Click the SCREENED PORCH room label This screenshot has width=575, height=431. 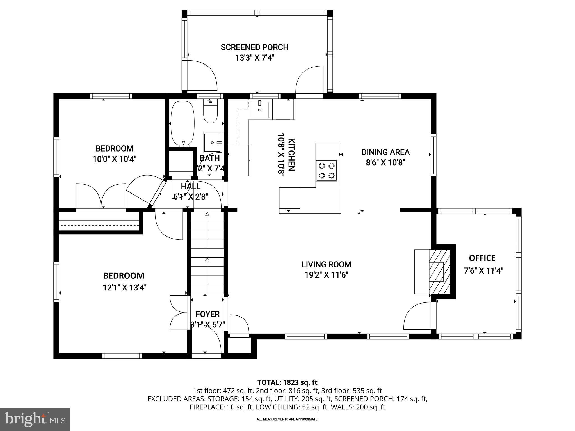(x=254, y=47)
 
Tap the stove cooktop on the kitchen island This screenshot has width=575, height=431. (x=327, y=171)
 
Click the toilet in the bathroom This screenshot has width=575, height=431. (x=211, y=112)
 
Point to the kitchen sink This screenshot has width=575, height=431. (x=259, y=110)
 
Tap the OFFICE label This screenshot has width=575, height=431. (x=482, y=258)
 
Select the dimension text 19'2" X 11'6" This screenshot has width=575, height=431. (x=326, y=275)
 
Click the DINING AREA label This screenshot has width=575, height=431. (x=385, y=152)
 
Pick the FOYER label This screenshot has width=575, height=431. (x=207, y=314)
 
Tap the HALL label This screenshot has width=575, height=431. (x=191, y=186)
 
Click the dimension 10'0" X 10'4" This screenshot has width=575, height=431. (x=114, y=159)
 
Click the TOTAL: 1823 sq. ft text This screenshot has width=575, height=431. (x=287, y=382)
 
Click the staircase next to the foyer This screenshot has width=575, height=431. (x=207, y=253)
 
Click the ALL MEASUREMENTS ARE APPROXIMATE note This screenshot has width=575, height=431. (x=287, y=419)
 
